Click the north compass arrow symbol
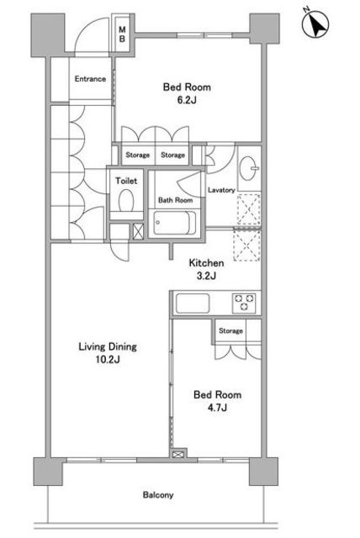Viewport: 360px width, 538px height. pos(315,24)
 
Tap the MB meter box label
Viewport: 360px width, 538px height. pos(122,34)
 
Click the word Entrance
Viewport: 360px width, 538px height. pos(90,79)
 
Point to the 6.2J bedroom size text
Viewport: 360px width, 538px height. pos(187,101)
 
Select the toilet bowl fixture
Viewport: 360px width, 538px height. pos(126,200)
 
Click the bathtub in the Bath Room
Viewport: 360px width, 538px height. pos(175,223)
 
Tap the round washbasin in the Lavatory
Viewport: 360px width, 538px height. pos(248,168)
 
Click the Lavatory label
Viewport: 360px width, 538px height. pos(221,190)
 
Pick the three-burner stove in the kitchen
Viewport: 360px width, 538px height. pos(245,303)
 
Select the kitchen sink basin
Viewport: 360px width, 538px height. pos(193,303)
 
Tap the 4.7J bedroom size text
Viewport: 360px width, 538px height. pos(217,408)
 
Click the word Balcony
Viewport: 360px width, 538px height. pos(158,495)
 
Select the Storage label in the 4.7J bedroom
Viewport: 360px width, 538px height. pos(230,330)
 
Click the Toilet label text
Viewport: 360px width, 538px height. pos(126,181)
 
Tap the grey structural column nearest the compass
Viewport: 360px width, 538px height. pos(264,28)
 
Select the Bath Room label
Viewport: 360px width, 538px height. pos(175,200)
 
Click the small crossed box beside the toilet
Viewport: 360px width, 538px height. pos(138,232)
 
